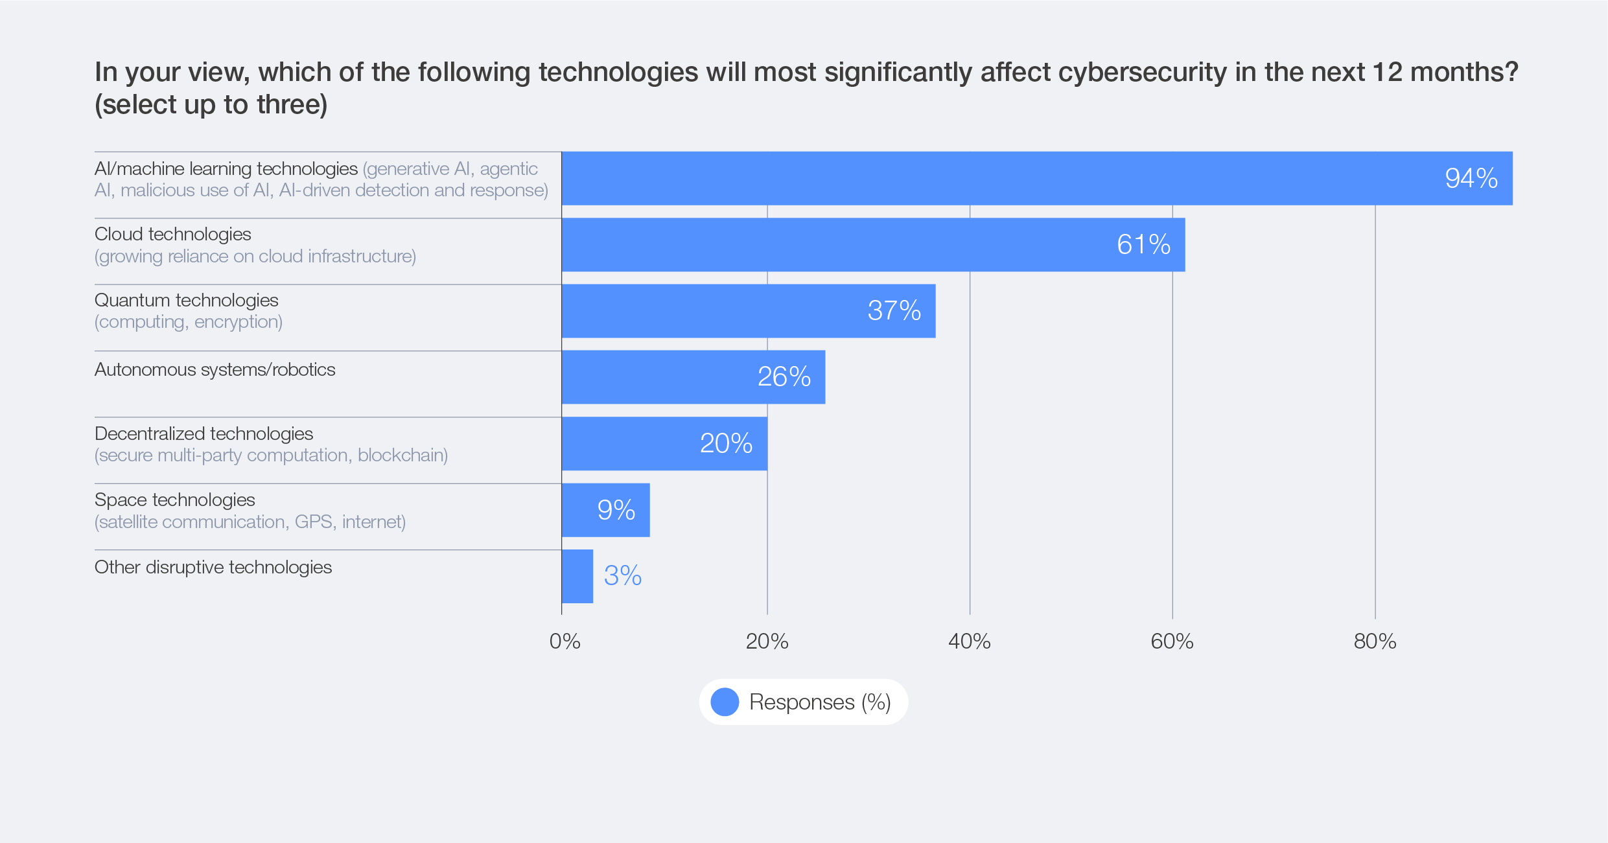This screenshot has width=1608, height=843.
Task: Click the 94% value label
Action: tap(1471, 178)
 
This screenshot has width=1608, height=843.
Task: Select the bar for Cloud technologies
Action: tap(872, 245)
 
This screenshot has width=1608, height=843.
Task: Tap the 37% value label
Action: tap(894, 311)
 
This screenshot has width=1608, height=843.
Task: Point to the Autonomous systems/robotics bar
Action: tap(693, 377)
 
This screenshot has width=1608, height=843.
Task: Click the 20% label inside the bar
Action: tap(726, 444)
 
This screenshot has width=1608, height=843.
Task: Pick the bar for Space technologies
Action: tap(605, 510)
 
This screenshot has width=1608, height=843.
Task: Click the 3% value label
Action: tap(622, 576)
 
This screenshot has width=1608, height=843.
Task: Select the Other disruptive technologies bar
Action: tap(577, 576)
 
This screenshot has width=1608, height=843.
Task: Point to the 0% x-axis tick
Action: tap(565, 641)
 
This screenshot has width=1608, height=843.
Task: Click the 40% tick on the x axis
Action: tap(969, 641)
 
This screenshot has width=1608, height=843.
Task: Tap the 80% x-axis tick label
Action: tap(1374, 641)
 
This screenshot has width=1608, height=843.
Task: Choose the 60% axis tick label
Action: tap(1172, 641)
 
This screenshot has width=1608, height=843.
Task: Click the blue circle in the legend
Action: tap(725, 702)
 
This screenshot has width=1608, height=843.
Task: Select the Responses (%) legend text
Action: tap(820, 702)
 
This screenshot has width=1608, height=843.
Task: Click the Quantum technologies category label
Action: tap(187, 301)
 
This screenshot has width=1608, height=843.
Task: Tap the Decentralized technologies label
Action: tap(204, 433)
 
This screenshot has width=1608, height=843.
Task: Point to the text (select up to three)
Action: tap(211, 105)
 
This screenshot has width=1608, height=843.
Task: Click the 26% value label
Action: tap(784, 377)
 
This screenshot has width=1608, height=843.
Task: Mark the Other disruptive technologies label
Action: tap(213, 568)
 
